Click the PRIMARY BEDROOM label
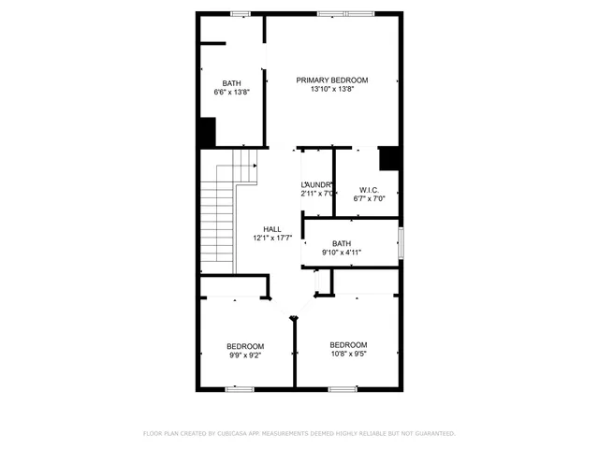331,80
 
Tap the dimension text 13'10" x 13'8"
331,90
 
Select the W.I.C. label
369,189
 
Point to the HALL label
272,229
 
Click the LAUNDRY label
317,185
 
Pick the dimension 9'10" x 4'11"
342,253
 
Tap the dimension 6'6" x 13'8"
231,93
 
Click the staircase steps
216,224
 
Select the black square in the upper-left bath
207,131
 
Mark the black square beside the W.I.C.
390,158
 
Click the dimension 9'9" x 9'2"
246,355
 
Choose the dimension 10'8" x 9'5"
348,355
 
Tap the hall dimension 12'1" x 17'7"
272,239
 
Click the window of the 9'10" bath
401,243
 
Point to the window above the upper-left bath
241,13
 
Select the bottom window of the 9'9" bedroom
241,387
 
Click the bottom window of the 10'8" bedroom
342,387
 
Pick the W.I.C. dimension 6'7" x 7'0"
369,198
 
